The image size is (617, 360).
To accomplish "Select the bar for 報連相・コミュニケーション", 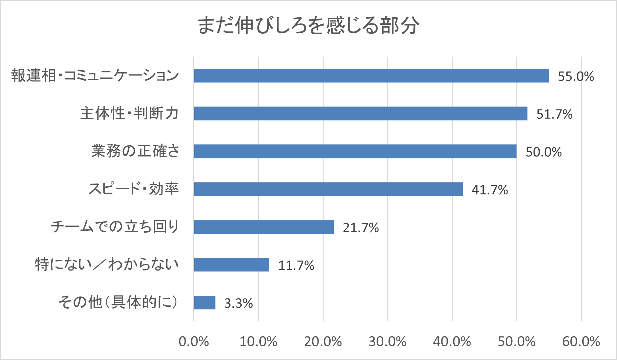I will coord(371,76).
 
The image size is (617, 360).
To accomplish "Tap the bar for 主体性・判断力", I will coord(361,114).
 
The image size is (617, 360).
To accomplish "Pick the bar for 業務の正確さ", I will coord(355,151).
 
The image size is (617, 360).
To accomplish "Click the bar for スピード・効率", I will coord(328,189).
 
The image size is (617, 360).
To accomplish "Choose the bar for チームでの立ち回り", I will coord(264,227).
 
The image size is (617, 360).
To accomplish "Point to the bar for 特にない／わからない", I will coord(231,265).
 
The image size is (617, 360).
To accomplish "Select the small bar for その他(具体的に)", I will coord(204,303).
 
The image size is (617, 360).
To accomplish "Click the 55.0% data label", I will coord(576,76).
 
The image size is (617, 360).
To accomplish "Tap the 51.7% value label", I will coord(554,114).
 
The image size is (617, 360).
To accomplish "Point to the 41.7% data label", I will coord(490,190).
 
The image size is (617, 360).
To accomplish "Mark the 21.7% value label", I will coord(361,228).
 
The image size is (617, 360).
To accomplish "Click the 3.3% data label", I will coord(238,303).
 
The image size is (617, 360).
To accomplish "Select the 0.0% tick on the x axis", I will coord(194,342).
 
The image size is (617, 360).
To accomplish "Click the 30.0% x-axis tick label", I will coord(387,342).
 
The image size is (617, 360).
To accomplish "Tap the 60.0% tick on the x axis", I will coord(581,342).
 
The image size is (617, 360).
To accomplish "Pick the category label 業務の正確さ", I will coord(135,151).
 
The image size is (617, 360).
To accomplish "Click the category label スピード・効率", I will coord(134,189).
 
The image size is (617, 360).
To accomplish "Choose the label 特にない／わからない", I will coord(107,265).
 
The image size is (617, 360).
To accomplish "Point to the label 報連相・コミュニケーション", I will coord(95,76).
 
